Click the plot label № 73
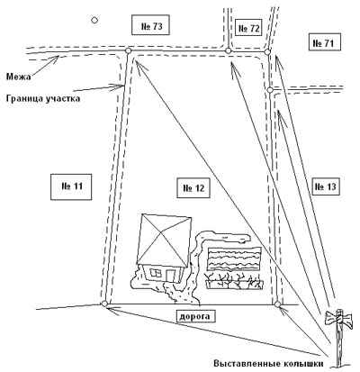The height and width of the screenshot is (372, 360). [151, 26]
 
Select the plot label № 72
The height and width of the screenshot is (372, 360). [248, 28]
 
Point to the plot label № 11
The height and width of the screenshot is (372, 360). [71, 186]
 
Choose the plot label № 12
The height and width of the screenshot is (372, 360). [193, 188]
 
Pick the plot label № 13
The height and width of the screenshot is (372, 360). [325, 186]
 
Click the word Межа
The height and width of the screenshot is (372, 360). [19, 77]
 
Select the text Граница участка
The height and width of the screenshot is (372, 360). [43, 98]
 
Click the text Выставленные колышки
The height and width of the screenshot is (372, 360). [268, 364]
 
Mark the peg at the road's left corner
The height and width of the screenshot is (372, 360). [104, 304]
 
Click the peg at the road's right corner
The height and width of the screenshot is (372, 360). [277, 304]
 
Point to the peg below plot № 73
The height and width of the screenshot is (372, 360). [128, 50]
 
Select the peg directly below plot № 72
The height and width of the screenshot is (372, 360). [228, 50]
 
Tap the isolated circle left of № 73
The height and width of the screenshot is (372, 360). [94, 20]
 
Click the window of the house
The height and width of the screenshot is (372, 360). [156, 273]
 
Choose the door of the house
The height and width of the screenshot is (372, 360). [170, 276]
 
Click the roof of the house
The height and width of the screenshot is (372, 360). [164, 240]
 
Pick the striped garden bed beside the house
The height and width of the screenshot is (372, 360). [234, 259]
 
